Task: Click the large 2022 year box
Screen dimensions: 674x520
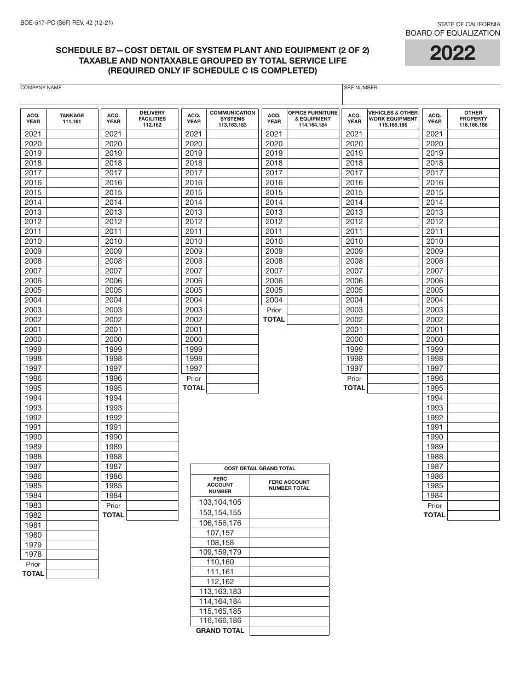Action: coord(452,53)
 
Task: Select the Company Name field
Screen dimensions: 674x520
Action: coord(181,96)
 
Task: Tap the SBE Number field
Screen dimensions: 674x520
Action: coord(421,96)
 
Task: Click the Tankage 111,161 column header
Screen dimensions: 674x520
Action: coord(72,119)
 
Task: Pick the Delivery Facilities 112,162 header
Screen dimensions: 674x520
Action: coord(152,119)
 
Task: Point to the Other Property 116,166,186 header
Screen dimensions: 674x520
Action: coord(473,119)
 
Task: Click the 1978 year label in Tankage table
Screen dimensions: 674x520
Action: coord(33,555)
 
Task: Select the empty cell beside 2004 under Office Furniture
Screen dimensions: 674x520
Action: coord(313,300)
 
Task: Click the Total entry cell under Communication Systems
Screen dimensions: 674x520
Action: coord(232,388)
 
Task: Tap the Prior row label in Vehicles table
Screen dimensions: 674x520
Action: coord(354,379)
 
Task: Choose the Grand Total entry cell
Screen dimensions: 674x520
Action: coord(289,631)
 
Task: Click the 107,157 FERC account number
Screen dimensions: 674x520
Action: coord(220,533)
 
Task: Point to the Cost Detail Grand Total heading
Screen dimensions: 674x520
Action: coord(260,469)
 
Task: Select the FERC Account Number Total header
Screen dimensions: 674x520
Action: coord(289,485)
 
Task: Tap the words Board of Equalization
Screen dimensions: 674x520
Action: coord(452,33)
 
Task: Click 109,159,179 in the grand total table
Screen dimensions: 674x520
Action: coord(220,552)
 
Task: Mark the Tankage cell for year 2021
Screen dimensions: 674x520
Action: coord(72,134)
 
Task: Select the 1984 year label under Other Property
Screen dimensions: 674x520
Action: coord(435,496)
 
